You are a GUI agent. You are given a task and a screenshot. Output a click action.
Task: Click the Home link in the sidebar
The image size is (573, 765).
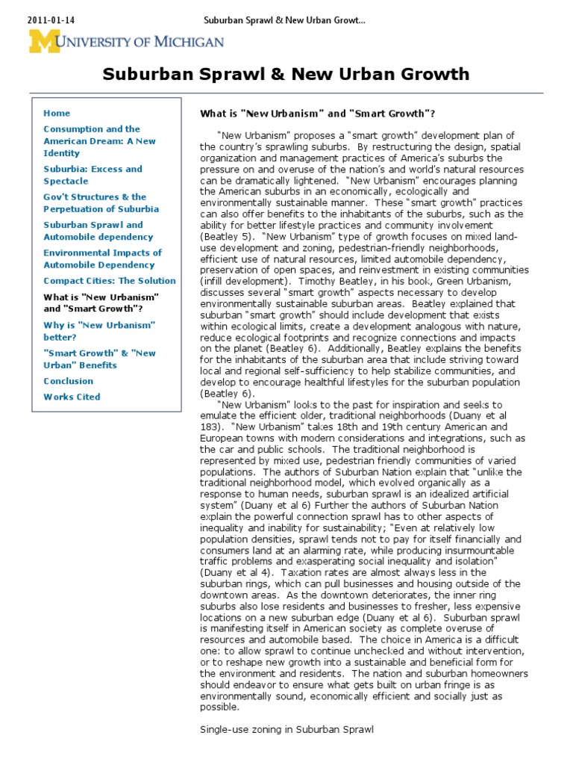57,114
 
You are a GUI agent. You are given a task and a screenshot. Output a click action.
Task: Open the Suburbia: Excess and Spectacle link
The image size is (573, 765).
93,175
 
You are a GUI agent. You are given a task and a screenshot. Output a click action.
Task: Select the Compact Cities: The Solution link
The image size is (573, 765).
110,281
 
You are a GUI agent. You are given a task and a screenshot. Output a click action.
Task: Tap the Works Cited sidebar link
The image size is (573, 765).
72,397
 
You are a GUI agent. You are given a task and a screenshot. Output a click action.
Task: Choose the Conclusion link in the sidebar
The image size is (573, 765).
68,381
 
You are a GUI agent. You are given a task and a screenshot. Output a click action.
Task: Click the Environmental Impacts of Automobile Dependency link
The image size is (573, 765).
102,258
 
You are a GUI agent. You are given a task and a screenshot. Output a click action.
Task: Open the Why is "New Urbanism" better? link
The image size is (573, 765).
98,331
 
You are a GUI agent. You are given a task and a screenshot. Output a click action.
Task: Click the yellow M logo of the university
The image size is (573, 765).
45,41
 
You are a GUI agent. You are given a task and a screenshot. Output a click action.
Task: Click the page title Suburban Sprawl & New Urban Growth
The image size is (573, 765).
286,74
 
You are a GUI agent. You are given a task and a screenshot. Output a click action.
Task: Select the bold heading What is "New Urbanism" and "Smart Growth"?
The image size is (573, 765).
317,114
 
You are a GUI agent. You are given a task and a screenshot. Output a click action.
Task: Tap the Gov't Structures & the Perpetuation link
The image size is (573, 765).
101,203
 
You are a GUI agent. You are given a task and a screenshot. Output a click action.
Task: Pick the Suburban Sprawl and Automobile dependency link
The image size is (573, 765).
93,231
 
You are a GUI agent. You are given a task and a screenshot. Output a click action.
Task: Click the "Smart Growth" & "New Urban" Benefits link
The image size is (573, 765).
99,359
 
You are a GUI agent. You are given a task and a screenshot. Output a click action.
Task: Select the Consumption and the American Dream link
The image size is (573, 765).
99,141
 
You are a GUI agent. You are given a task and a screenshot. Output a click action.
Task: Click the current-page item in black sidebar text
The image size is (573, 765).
101,303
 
